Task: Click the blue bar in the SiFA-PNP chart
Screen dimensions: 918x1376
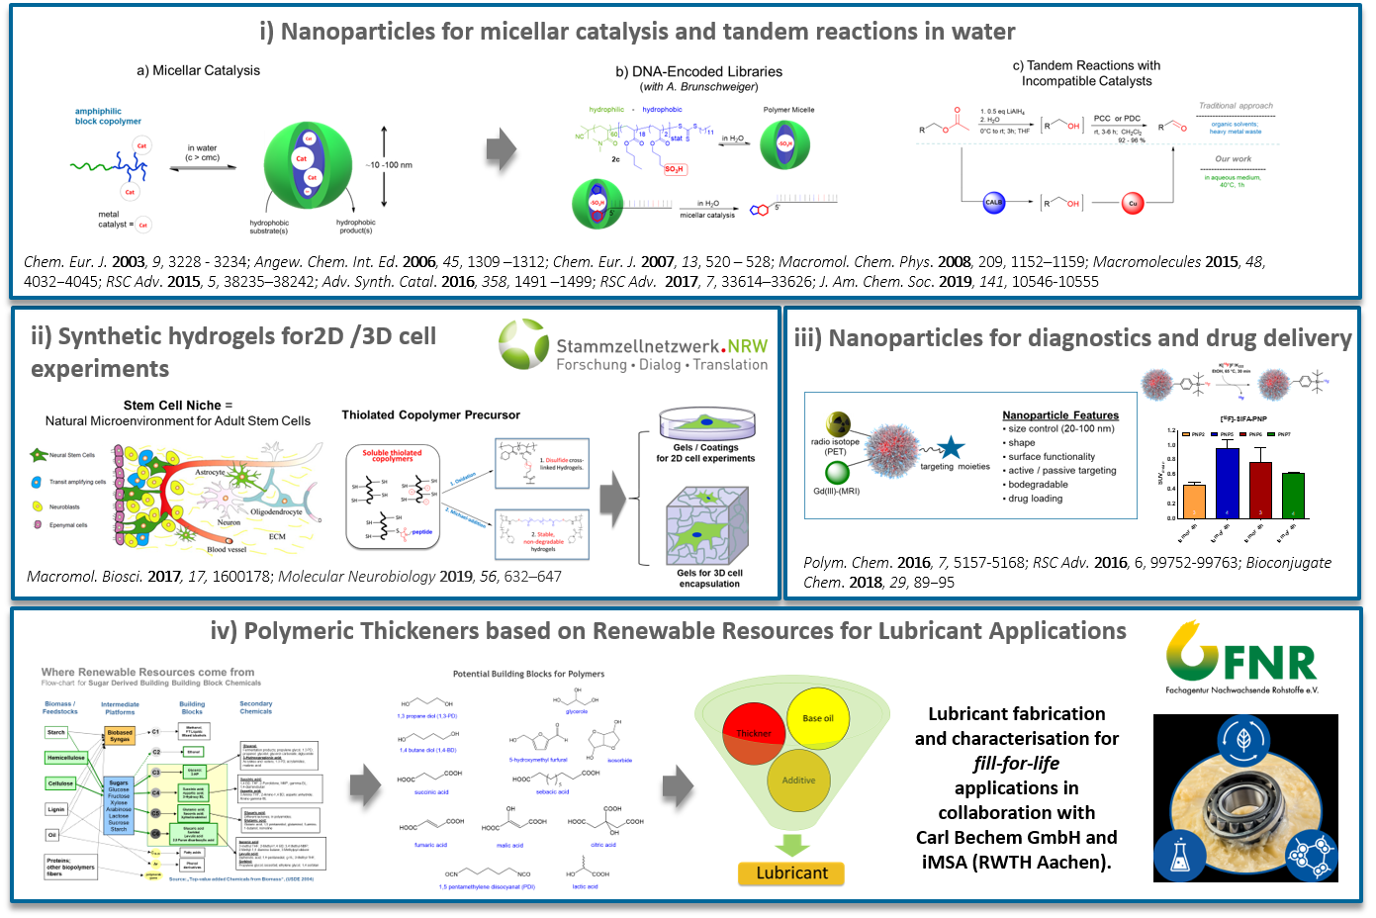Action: click(1227, 483)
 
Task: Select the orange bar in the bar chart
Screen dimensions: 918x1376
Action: click(1194, 501)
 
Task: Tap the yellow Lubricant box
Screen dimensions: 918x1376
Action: click(791, 872)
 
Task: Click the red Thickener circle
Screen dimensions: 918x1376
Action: click(754, 733)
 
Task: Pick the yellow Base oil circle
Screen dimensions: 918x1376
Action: click(818, 718)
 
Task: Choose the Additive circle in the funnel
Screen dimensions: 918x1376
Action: click(798, 780)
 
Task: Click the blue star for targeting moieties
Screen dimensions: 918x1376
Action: click(951, 448)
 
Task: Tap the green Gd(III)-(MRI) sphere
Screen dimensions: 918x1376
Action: click(838, 473)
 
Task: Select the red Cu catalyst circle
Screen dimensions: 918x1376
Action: click(1133, 203)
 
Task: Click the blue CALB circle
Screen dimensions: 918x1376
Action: click(994, 203)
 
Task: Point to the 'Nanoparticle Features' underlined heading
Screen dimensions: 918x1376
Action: click(1060, 415)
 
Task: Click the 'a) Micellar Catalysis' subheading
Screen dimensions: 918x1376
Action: click(198, 70)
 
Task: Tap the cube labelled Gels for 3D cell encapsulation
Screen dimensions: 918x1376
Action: click(707, 526)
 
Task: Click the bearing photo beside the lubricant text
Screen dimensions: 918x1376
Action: click(1245, 797)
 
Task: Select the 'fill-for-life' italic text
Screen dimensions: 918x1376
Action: click(1016, 763)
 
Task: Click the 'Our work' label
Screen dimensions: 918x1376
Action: click(1233, 158)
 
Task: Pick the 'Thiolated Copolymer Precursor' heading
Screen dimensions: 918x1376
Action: click(430, 414)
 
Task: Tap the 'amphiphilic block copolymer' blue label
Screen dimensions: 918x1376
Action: click(108, 116)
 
